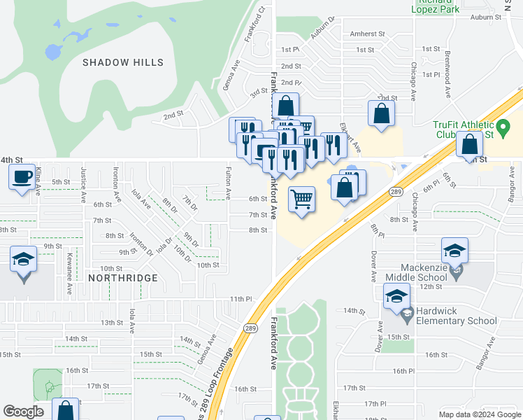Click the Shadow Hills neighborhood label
click(x=123, y=62)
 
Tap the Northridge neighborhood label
click(x=123, y=278)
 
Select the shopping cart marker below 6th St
click(x=301, y=199)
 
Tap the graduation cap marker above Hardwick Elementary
click(x=396, y=296)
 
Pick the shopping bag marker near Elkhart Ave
click(x=381, y=113)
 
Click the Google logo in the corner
click(x=24, y=412)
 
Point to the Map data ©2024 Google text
click(x=480, y=414)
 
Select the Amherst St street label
click(x=368, y=34)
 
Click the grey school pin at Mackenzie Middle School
click(x=456, y=273)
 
